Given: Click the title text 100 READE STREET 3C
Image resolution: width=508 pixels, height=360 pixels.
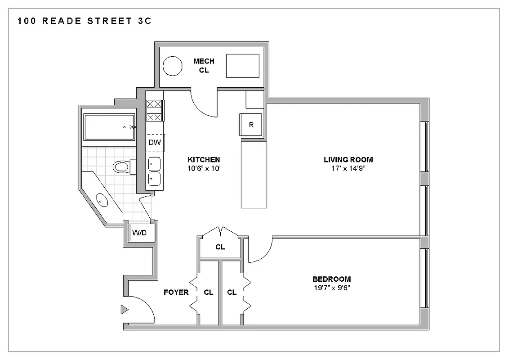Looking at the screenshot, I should pyautogui.click(x=85, y=21).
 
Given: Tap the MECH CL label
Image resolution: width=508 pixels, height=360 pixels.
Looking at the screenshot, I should pyautogui.click(x=204, y=66).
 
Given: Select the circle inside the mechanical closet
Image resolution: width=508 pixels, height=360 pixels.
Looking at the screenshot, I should pyautogui.click(x=172, y=66).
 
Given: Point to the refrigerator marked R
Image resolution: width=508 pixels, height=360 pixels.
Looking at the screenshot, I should pyautogui.click(x=251, y=125).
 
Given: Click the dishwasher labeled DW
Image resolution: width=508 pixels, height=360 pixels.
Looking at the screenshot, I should pyautogui.click(x=155, y=143).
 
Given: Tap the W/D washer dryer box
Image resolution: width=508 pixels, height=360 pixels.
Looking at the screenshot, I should pyautogui.click(x=139, y=233).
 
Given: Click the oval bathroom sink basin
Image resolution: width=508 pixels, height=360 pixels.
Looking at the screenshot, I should pyautogui.click(x=102, y=198).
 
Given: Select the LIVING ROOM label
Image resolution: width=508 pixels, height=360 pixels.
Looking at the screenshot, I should pyautogui.click(x=348, y=160).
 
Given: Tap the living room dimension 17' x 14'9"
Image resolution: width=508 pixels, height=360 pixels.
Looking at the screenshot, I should pyautogui.click(x=348, y=168).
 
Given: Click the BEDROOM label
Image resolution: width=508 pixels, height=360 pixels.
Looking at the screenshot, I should pyautogui.click(x=331, y=279).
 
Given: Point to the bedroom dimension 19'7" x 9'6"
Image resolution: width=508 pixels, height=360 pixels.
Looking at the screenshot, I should pyautogui.click(x=331, y=288).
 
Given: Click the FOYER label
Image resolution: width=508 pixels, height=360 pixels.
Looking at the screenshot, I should pyautogui.click(x=176, y=292).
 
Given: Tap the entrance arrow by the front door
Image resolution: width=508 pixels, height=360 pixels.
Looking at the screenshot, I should pyautogui.click(x=124, y=310).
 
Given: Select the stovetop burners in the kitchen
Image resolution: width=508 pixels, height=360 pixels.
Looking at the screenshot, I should pyautogui.click(x=154, y=111).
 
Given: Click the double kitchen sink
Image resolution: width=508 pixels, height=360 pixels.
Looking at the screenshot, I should pyautogui.click(x=154, y=171).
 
